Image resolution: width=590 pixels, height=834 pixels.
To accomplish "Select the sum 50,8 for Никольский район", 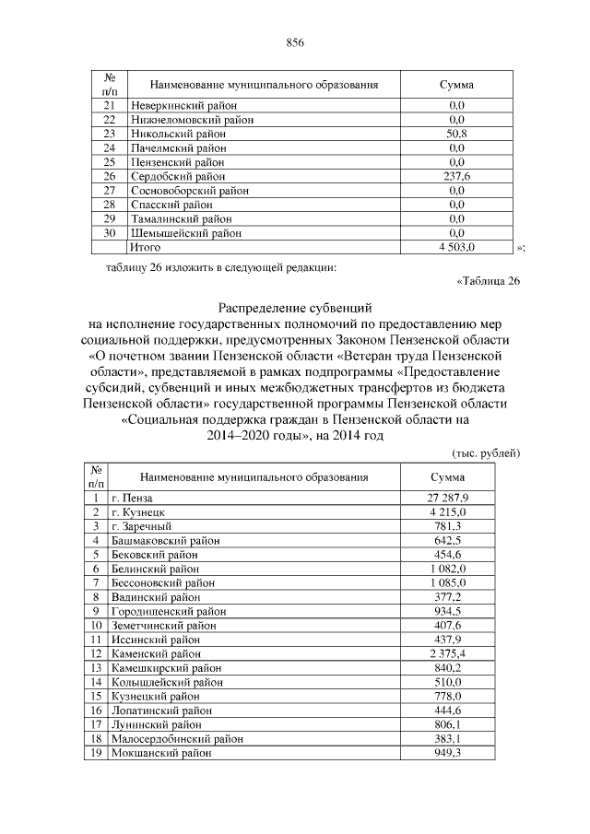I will (455, 134).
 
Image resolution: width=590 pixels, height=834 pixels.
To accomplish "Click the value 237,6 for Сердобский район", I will (455, 176).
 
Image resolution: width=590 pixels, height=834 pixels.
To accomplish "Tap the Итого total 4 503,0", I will (455, 248).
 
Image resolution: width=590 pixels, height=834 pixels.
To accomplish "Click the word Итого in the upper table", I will (145, 248).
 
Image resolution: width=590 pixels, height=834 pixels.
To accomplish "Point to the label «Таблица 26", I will (489, 282).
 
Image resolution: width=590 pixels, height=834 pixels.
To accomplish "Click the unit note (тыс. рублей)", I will (487, 453).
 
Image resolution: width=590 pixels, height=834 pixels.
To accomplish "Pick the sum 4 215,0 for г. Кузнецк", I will (448, 512).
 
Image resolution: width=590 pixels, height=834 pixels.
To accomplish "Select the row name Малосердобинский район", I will (177, 739).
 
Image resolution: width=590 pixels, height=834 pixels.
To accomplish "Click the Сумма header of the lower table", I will (448, 477).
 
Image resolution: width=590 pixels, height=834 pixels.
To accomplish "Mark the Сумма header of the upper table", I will (455, 85).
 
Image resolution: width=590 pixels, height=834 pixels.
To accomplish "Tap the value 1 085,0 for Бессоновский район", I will (448, 583).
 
